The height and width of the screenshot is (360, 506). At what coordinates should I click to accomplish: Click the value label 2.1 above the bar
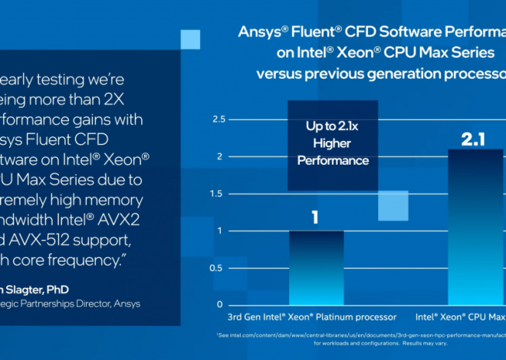coord(471,139)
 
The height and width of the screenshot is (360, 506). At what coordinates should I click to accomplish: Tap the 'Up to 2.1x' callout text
coord(332,126)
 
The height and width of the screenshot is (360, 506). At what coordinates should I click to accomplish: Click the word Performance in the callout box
coord(332,161)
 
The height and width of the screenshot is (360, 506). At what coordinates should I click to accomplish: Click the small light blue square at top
coord(191,40)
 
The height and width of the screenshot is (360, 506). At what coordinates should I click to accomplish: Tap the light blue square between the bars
coord(393,205)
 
